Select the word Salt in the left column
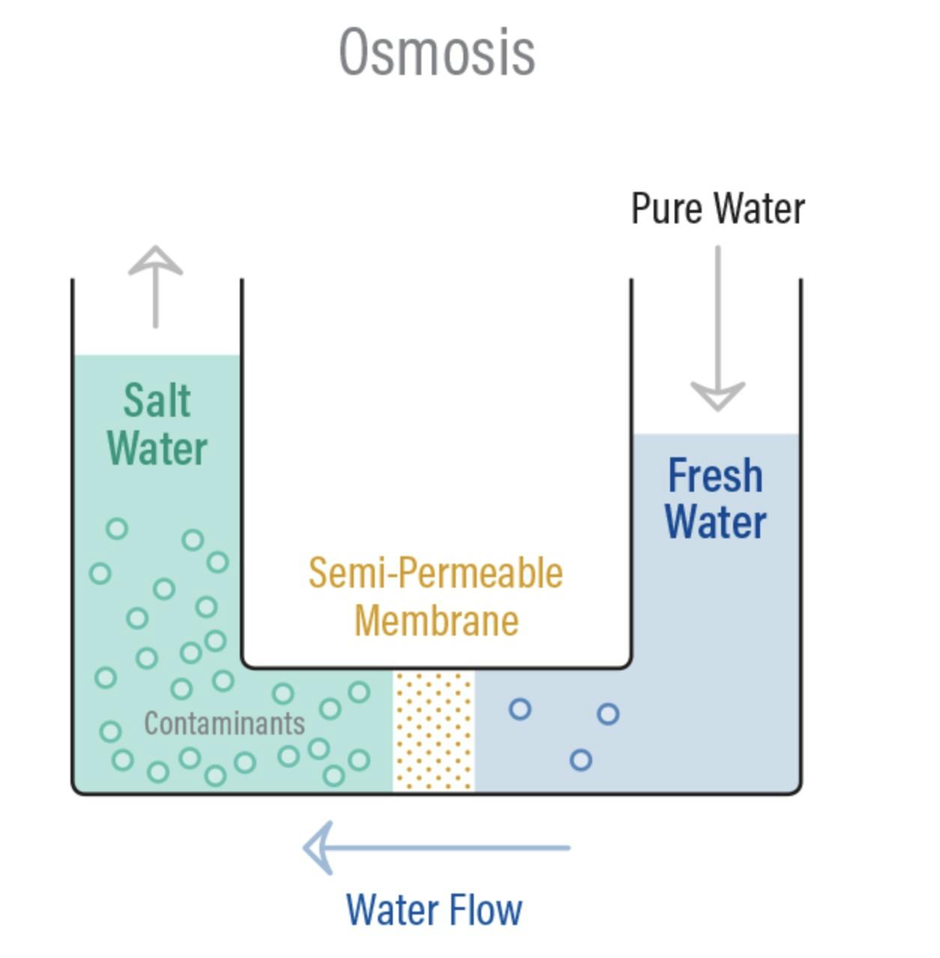click(157, 400)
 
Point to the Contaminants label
click(224, 723)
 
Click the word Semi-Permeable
click(436, 573)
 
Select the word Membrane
click(436, 621)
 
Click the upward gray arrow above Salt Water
click(156, 286)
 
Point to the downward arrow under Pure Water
click(717, 328)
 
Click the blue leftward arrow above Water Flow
click(437, 848)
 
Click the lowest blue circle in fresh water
click(580, 760)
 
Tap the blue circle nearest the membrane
click(519, 709)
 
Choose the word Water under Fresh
click(715, 522)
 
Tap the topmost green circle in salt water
click(117, 528)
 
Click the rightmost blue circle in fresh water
click(608, 714)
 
